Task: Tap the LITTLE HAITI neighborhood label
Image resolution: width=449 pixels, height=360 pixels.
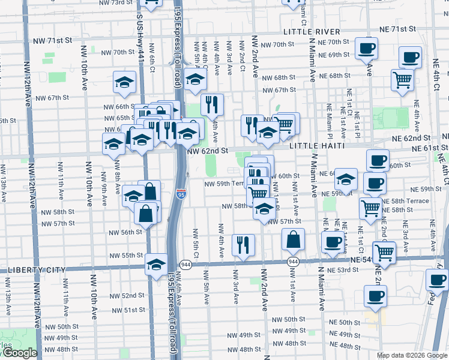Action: coord(316,146)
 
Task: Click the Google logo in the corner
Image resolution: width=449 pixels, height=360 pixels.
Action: coord(20,353)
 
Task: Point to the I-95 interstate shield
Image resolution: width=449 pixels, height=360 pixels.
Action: coord(181,194)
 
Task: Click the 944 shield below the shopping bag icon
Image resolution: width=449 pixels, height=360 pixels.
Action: coord(293,262)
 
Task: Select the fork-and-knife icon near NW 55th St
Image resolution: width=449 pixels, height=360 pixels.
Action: coord(243,244)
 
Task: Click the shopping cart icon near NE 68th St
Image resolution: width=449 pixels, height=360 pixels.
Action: coord(402,79)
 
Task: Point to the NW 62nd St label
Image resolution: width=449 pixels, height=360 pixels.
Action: coord(208,151)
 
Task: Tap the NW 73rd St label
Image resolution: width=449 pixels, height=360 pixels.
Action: coord(113,2)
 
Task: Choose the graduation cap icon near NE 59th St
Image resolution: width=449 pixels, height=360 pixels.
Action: coord(346,179)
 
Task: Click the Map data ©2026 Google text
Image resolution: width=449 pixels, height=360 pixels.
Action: coord(412,355)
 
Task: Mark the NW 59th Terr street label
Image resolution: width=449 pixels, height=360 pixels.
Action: coord(226,184)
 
